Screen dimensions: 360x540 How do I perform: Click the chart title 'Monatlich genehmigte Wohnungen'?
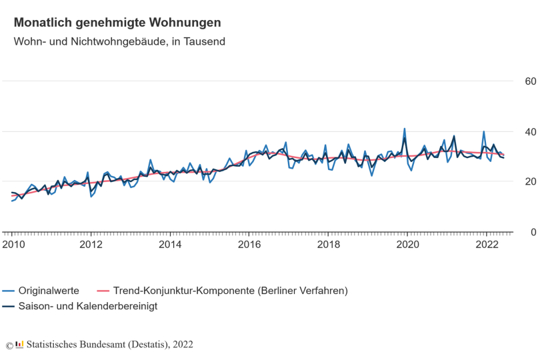pyautogui.click(x=117, y=23)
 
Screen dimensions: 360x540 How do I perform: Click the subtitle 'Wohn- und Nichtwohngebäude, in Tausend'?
pyautogui.click(x=119, y=41)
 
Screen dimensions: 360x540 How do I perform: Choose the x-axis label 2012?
pyautogui.click(x=91, y=245)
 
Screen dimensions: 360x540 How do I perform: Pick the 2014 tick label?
pyautogui.click(x=170, y=245)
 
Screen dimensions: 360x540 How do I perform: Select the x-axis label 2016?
pyautogui.click(x=249, y=245)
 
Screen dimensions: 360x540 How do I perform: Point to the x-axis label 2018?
pyautogui.click(x=328, y=245)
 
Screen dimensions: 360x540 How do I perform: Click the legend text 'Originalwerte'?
pyautogui.click(x=49, y=291)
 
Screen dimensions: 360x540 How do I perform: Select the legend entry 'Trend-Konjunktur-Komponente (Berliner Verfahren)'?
pyautogui.click(x=231, y=291)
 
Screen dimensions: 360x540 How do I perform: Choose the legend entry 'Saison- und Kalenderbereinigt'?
pyautogui.click(x=87, y=306)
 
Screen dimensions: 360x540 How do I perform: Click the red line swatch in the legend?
pyautogui.click(x=103, y=291)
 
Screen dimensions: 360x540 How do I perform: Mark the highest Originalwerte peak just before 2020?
pyautogui.click(x=404, y=129)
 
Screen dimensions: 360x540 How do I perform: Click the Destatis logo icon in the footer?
pyautogui.click(x=19, y=345)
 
